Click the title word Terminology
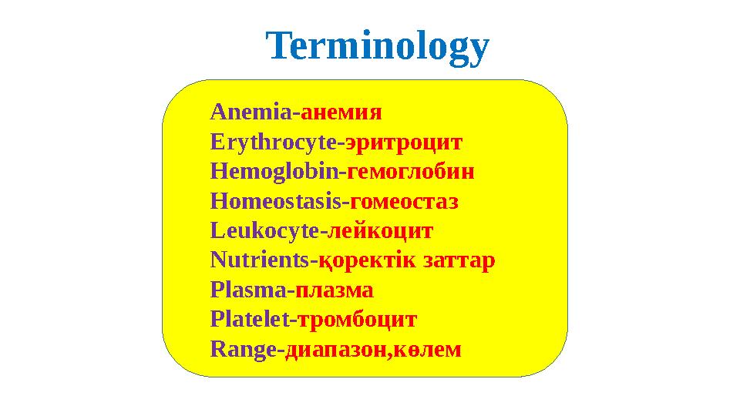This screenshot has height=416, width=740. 378,47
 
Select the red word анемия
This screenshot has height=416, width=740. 341,112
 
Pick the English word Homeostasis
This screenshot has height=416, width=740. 276,202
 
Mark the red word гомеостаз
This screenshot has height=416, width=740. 405,202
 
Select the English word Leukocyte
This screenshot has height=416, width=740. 265,231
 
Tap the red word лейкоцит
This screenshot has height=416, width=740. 382,231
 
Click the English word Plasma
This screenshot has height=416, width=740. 248,290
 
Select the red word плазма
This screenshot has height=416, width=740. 335,290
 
